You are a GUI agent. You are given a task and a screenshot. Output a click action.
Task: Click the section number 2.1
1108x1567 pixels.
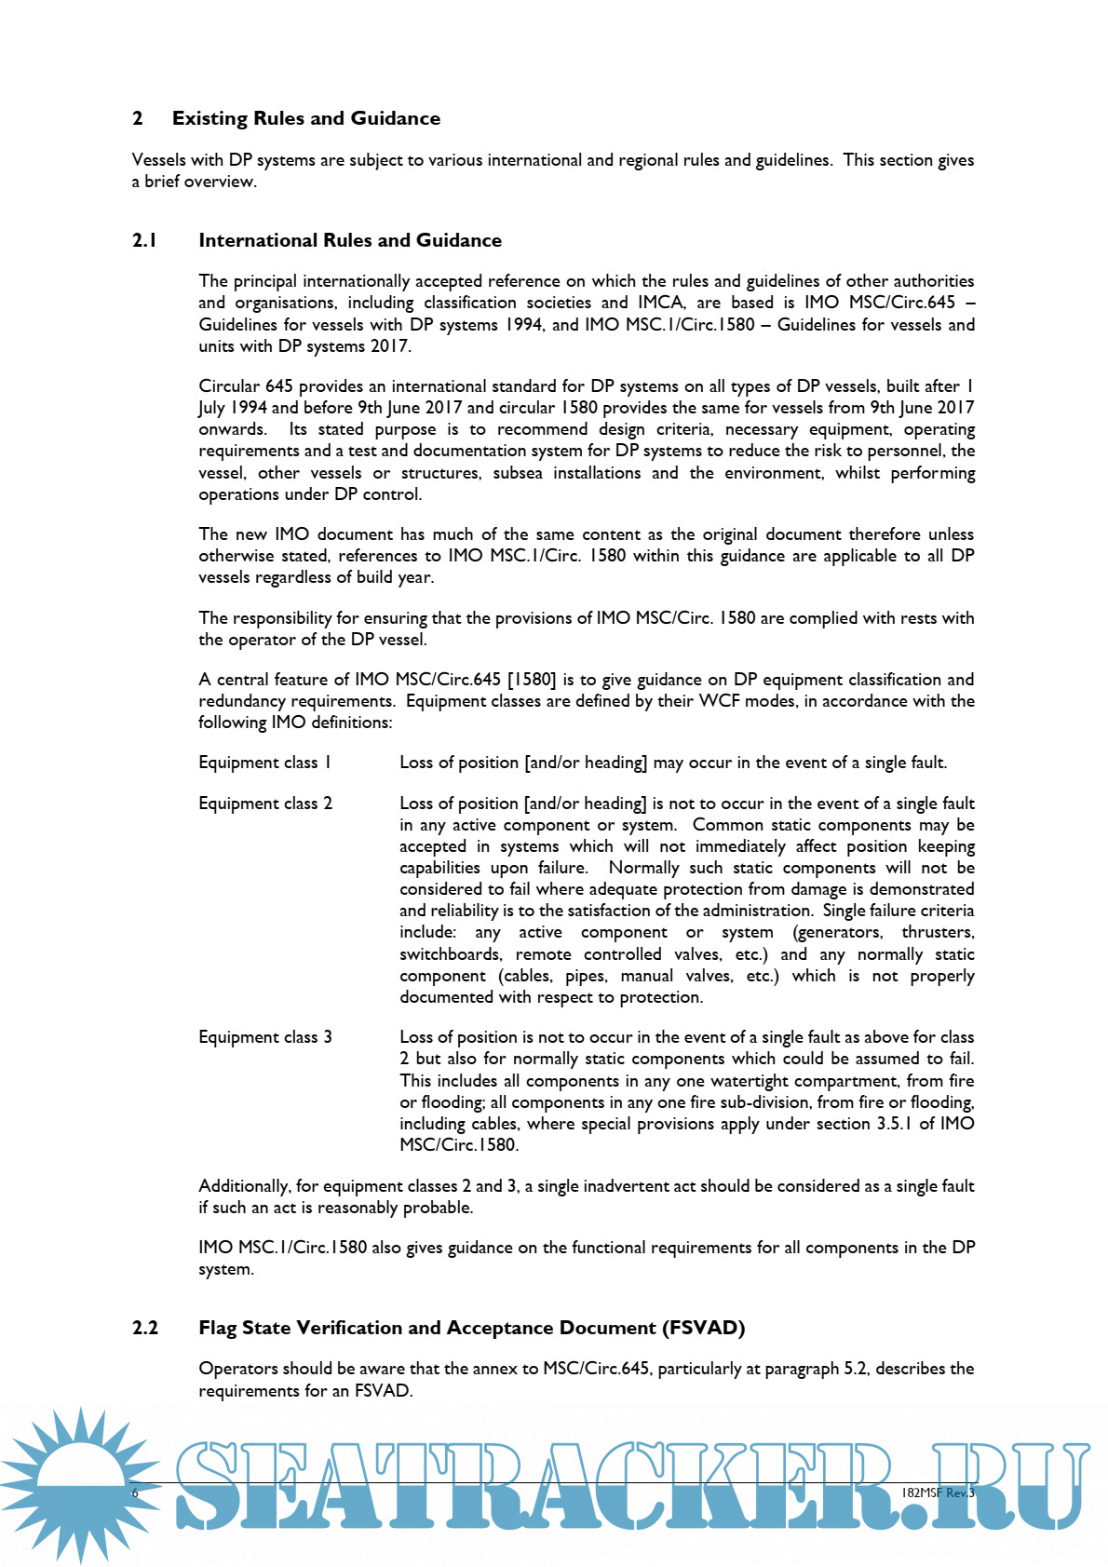144,240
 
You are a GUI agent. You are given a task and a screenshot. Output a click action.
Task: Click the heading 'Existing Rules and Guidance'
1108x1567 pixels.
305,118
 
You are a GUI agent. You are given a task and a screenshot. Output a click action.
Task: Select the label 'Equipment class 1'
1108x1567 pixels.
264,763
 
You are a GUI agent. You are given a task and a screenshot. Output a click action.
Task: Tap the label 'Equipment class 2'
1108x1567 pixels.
265,804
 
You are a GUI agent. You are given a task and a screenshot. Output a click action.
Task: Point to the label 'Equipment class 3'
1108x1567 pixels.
265,1037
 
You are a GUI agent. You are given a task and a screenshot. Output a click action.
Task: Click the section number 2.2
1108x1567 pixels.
145,1328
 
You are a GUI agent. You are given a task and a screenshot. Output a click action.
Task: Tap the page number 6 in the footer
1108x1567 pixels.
135,1493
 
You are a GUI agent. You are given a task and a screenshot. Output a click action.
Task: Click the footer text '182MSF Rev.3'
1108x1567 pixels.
938,1493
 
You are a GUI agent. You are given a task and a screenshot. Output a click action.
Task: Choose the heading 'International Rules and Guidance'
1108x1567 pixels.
350,240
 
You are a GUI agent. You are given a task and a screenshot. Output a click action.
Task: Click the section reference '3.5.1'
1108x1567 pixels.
893,1124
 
